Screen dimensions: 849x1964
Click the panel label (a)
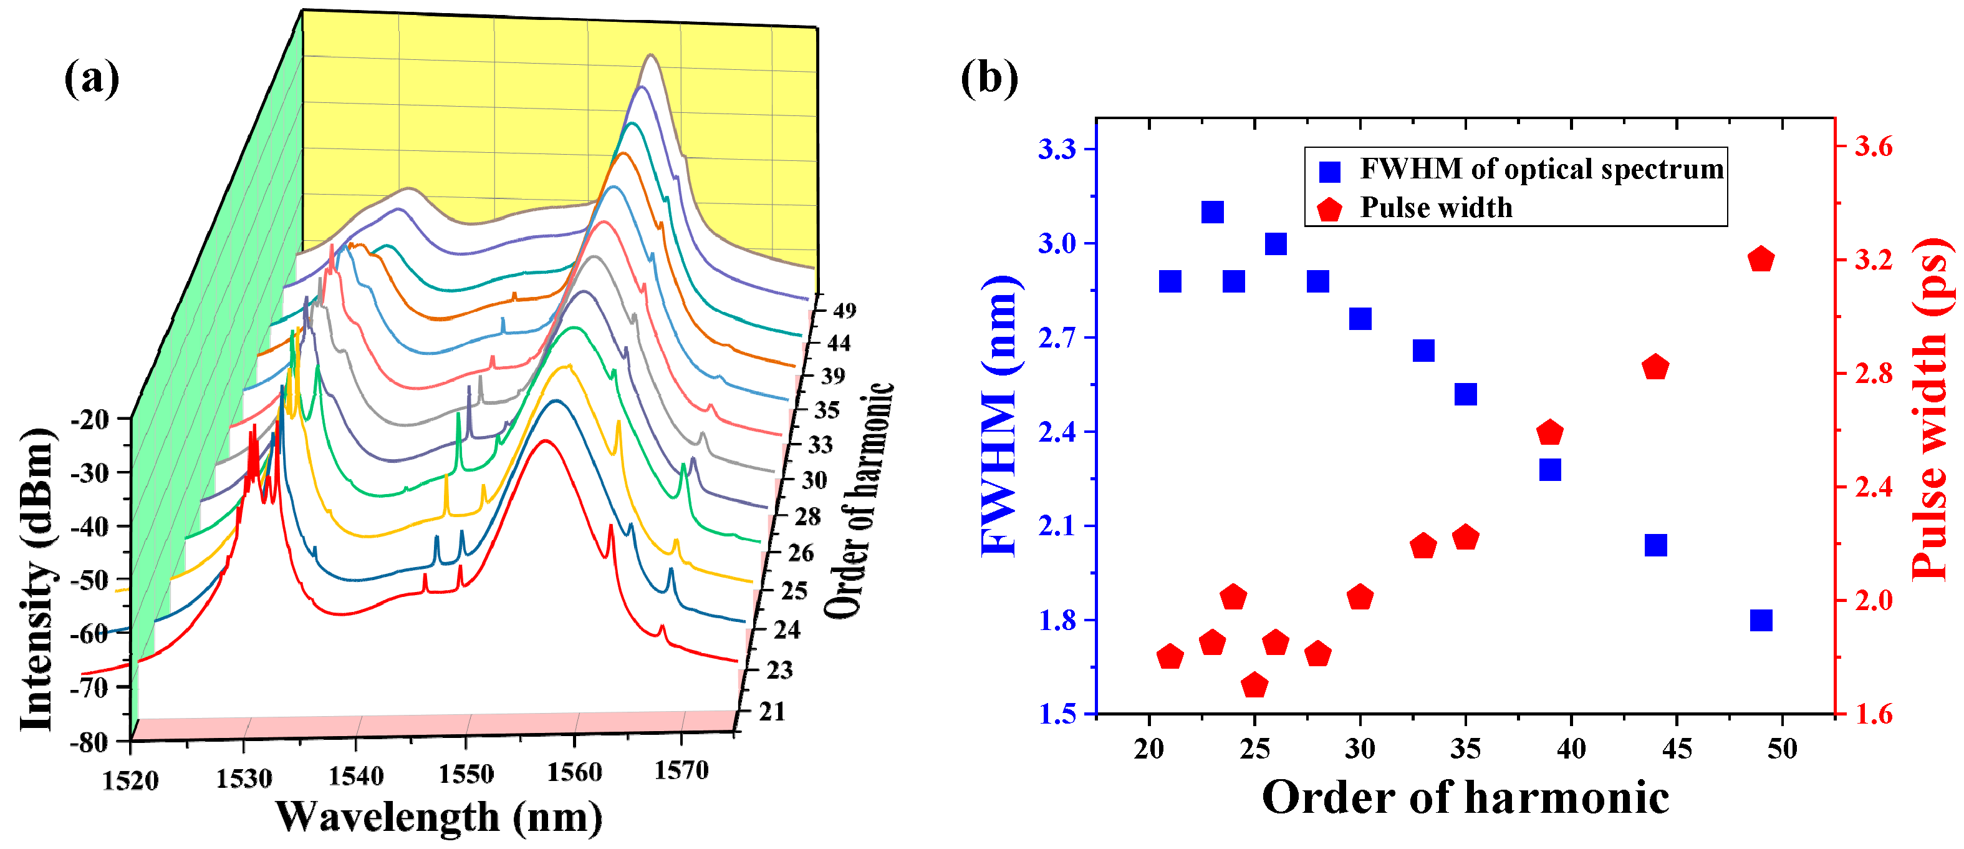pyautogui.click(x=92, y=79)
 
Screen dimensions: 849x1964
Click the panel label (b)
pyautogui.click(x=989, y=79)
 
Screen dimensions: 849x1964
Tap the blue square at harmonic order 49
pyautogui.click(x=1761, y=620)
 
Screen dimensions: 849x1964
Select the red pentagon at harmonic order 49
pyautogui.click(x=1761, y=260)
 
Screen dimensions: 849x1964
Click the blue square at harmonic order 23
pyautogui.click(x=1212, y=212)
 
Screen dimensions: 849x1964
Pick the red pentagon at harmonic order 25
pyautogui.click(x=1254, y=685)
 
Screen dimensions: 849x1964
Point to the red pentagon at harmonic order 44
pyautogui.click(x=1655, y=367)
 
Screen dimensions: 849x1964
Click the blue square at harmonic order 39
pyautogui.click(x=1550, y=469)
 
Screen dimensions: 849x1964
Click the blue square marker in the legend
pyautogui.click(x=1330, y=172)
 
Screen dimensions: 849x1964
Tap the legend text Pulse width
pyautogui.click(x=1436, y=208)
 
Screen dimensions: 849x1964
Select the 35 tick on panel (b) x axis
pyautogui.click(x=1465, y=749)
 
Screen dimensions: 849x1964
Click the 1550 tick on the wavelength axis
pyautogui.click(x=466, y=774)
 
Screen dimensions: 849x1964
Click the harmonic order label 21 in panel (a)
pyautogui.click(x=773, y=711)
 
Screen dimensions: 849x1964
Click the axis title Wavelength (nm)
pyautogui.click(x=438, y=817)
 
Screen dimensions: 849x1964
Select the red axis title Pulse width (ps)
pyautogui.click(x=1933, y=408)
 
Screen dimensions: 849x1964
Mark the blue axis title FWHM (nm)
pyautogui.click(x=999, y=415)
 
